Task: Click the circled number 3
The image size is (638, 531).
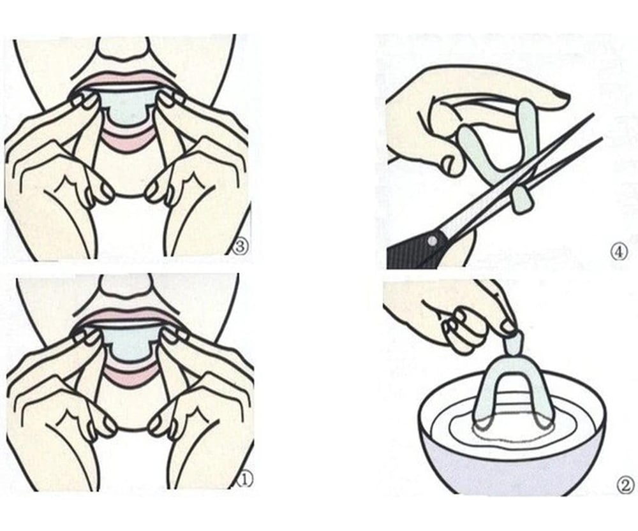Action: [240, 247]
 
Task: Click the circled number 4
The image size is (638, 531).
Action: [618, 252]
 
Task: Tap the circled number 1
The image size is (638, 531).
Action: [245, 480]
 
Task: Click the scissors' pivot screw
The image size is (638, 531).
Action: [432, 241]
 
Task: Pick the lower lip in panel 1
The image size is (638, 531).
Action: [130, 376]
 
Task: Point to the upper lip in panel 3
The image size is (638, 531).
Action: [124, 80]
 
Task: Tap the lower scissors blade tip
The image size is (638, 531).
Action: [602, 138]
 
